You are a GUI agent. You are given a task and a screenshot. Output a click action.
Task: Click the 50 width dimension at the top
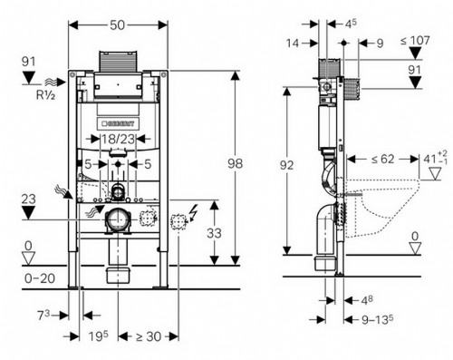[117, 25]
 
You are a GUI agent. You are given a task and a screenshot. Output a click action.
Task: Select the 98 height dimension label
[235, 164]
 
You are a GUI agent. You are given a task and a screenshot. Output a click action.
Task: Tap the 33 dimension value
[214, 233]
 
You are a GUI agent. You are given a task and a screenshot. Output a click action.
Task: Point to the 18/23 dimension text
[118, 139]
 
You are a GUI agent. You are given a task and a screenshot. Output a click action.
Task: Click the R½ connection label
[45, 95]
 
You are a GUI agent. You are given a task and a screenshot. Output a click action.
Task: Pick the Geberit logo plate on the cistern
[118, 123]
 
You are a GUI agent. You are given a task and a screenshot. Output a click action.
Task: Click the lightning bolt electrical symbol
[192, 212]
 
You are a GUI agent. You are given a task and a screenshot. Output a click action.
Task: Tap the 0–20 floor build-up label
[40, 278]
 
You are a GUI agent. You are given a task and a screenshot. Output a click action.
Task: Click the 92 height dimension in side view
[286, 165]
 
